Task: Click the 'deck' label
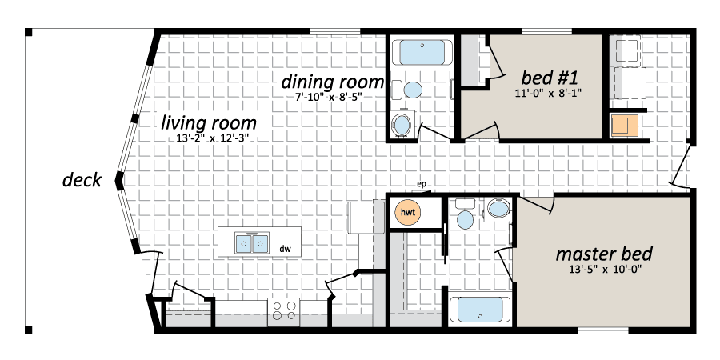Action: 82,181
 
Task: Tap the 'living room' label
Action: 209,123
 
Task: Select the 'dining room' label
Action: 332,82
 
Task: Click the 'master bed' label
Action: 604,254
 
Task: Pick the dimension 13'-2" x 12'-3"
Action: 209,138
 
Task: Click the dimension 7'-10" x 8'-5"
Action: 331,97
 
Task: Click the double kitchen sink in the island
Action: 252,243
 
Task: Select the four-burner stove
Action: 284,310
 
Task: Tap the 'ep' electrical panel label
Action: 421,185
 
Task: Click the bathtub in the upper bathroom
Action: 422,52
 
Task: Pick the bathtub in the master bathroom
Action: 480,310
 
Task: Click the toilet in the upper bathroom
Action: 408,90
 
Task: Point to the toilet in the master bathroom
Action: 465,214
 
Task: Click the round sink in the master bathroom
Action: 498,210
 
